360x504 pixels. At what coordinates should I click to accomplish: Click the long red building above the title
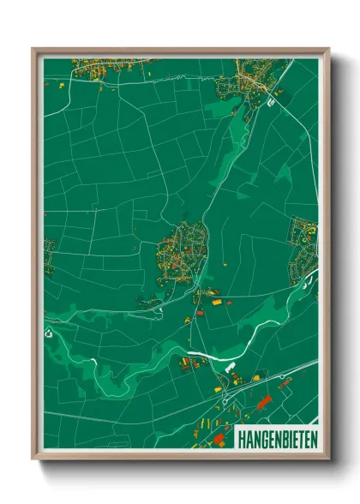[263, 400]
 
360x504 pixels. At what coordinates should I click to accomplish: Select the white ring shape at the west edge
[49, 333]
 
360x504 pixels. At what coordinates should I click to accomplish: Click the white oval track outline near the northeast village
[273, 101]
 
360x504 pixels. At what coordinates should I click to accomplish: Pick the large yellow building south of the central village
[215, 302]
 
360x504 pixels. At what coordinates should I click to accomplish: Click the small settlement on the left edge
[49, 255]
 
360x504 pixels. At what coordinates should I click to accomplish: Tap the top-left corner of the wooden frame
[33, 49]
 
